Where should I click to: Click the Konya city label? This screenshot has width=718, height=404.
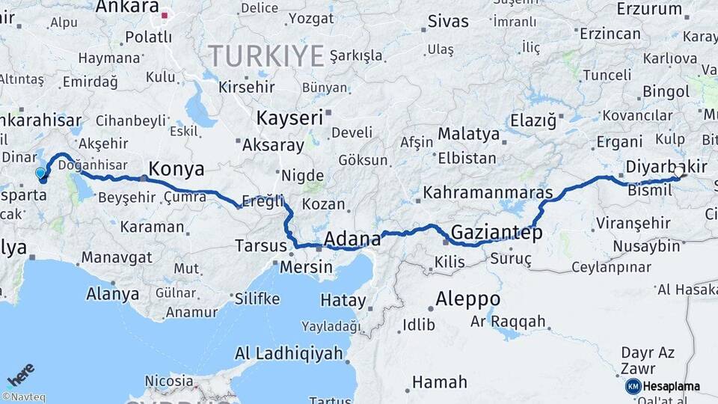pyautogui.click(x=177, y=169)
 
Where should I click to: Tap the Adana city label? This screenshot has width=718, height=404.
pyautogui.click(x=352, y=239)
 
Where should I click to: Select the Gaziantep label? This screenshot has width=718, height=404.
pyautogui.click(x=497, y=233)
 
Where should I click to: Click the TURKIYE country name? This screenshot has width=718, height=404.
pyautogui.click(x=266, y=55)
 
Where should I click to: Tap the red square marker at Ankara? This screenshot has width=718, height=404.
pyautogui.click(x=165, y=14)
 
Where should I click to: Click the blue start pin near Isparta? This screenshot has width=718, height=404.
pyautogui.click(x=41, y=174)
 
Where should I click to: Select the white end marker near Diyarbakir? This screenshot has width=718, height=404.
pyautogui.click(x=678, y=172)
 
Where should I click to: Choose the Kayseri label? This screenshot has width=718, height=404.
pyautogui.click(x=289, y=117)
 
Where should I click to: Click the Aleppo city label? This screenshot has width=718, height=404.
pyautogui.click(x=468, y=298)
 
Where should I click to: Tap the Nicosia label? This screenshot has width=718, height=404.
pyautogui.click(x=168, y=381)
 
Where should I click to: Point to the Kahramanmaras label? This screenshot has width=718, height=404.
pyautogui.click(x=488, y=192)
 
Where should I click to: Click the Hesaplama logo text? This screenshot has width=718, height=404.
pyautogui.click(x=672, y=386)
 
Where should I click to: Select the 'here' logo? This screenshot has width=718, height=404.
pyautogui.click(x=21, y=374)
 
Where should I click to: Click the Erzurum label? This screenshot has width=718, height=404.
pyautogui.click(x=649, y=10)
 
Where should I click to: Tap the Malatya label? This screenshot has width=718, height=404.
pyautogui.click(x=468, y=134)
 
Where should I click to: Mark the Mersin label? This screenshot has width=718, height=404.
pyautogui.click(x=307, y=266)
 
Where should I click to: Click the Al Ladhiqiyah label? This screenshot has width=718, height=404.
pyautogui.click(x=289, y=353)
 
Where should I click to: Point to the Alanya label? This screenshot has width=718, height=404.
pyautogui.click(x=112, y=293)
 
